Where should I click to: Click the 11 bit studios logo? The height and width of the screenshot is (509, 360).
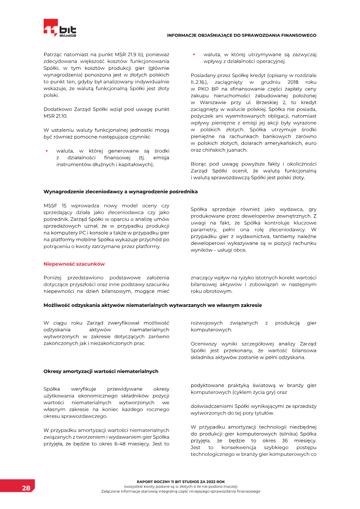point(60,28)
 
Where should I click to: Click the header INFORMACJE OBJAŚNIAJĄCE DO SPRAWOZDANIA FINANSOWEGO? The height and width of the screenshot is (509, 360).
point(242,35)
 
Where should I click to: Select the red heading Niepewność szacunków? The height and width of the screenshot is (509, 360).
point(74,264)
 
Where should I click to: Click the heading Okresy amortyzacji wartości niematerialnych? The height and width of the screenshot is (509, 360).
point(101,371)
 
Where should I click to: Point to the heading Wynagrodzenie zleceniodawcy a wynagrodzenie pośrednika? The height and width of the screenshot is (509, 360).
point(120,191)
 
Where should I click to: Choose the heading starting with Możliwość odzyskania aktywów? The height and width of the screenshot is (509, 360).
point(153,305)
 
